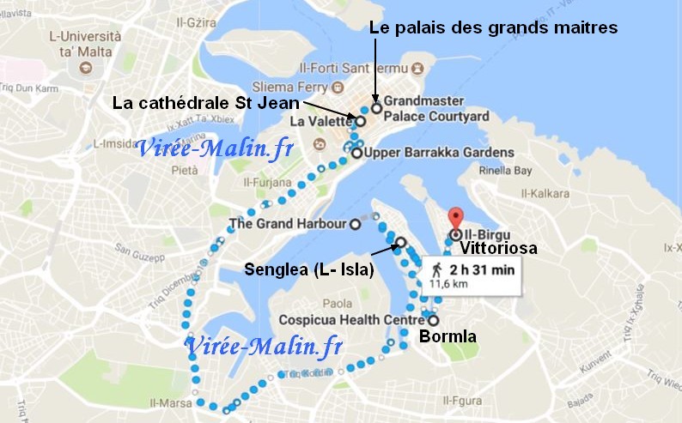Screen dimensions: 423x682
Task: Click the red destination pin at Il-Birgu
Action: coord(455,220)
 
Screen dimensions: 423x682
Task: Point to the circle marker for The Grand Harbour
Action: coord(355,226)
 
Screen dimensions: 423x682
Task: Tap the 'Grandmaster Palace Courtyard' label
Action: coord(435,108)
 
